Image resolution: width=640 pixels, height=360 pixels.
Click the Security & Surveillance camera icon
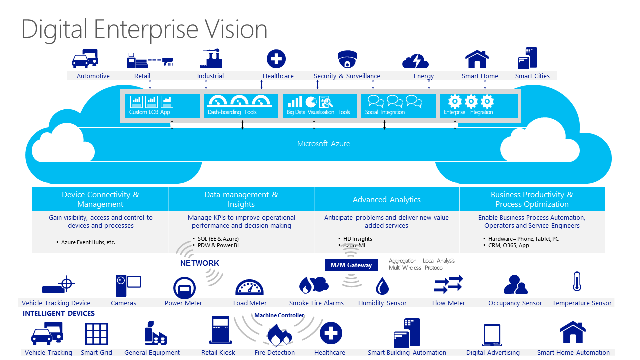(348, 59)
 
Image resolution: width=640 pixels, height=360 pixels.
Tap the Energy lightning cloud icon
(415, 61)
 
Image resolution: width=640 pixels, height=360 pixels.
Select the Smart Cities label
(532, 76)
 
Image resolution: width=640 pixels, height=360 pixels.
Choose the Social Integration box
(398, 106)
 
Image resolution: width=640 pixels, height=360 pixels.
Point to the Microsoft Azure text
(324, 144)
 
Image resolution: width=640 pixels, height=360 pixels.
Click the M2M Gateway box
(351, 265)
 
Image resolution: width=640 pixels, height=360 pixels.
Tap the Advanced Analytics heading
(387, 200)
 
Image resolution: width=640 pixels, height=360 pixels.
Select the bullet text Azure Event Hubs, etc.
(88, 242)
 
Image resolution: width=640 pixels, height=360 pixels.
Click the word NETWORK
(200, 263)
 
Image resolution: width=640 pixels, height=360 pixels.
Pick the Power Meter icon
(184, 288)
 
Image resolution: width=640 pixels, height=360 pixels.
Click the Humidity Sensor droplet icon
(382, 286)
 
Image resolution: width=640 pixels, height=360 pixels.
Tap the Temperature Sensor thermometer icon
(577, 282)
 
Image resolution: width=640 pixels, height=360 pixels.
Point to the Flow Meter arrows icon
(448, 285)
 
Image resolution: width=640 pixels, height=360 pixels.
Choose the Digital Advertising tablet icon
(492, 335)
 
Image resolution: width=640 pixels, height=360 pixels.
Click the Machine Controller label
(279, 316)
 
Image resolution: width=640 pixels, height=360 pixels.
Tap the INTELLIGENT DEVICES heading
(59, 314)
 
